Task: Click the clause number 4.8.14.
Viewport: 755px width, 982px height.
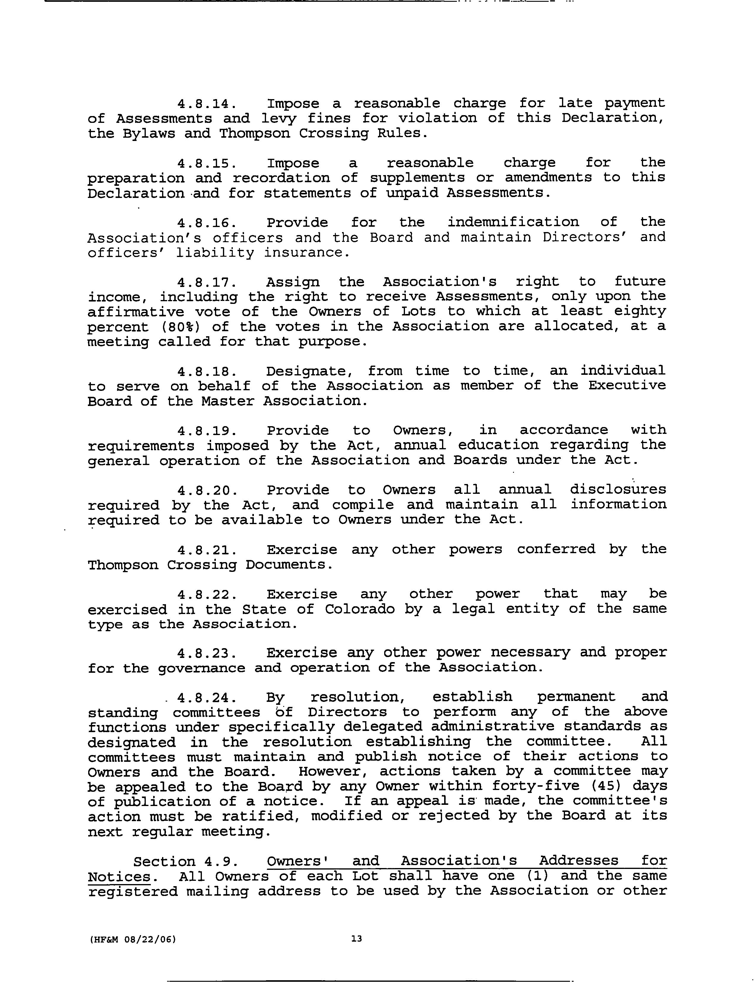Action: (x=206, y=104)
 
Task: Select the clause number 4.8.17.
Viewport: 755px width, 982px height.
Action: (x=206, y=283)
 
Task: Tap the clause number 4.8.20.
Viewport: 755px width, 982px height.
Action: (x=206, y=490)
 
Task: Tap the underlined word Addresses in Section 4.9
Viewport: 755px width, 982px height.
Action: (x=578, y=861)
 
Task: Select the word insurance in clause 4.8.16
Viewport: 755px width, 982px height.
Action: (x=306, y=253)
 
